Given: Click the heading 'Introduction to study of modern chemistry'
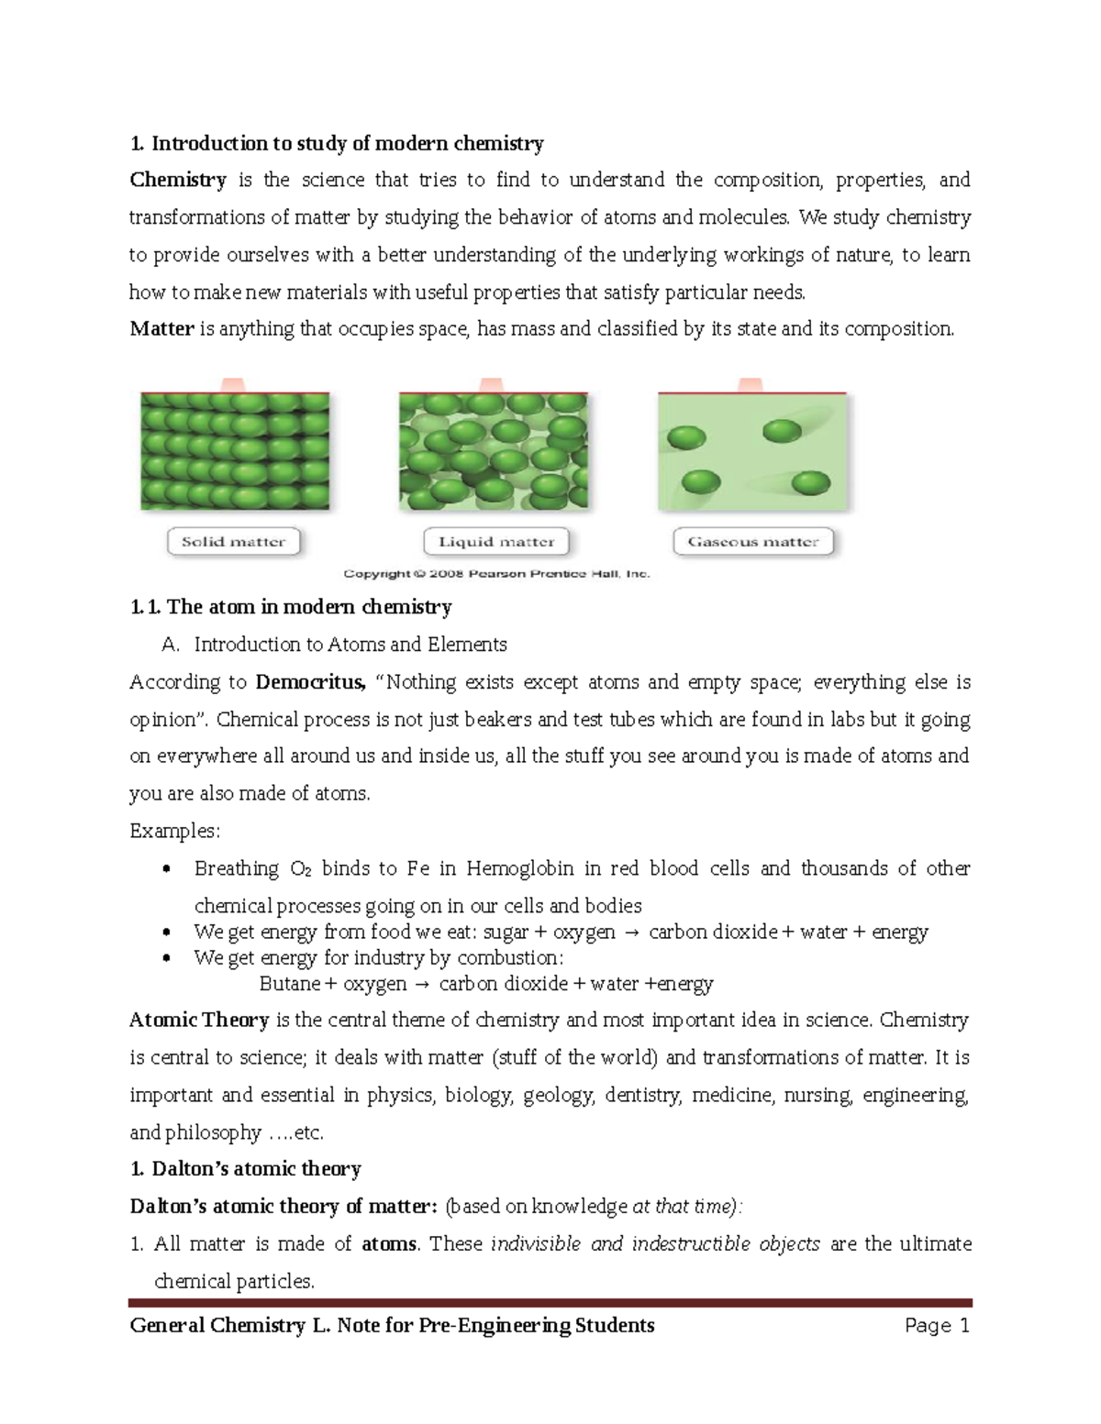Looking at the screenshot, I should (x=347, y=143).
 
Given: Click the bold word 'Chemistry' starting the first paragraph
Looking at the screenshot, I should (x=178, y=180).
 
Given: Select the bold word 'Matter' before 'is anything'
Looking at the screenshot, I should (x=161, y=328).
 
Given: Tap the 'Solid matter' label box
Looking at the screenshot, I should (x=234, y=542).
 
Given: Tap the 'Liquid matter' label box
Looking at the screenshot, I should (x=496, y=542).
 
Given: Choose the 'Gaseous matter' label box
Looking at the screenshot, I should (x=753, y=542).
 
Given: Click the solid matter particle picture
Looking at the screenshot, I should (x=235, y=450).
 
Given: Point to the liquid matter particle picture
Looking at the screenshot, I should (x=494, y=450).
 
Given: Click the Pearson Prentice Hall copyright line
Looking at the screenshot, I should (x=496, y=574).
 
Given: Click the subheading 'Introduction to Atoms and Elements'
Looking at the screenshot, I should (x=350, y=645).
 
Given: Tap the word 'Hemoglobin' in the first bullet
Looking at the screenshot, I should (x=519, y=868).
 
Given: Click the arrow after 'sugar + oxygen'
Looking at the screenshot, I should (x=632, y=933).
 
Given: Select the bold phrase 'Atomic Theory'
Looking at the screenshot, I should (x=199, y=1021).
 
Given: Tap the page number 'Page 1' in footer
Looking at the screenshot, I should (x=937, y=1326).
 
